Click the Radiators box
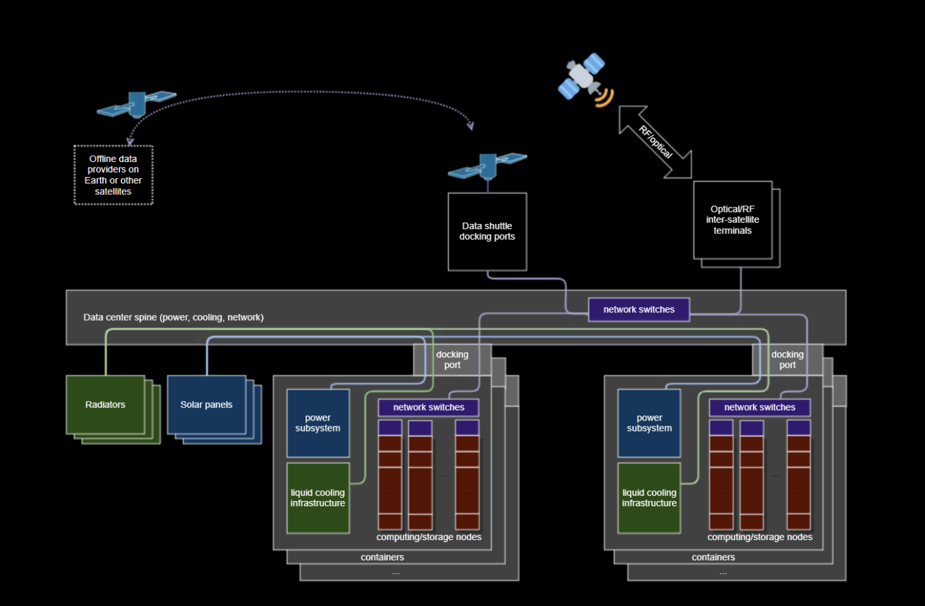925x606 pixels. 105,405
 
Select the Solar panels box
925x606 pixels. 206,405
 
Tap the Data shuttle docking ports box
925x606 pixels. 487,232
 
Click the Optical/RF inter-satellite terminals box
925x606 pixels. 733,220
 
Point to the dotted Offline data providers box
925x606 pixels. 113,175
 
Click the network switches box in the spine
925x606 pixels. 638,309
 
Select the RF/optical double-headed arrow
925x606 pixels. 655,142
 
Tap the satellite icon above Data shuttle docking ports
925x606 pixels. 487,166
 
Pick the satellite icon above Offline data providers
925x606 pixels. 137,104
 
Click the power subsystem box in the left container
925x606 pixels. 318,423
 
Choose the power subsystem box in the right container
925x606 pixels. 649,423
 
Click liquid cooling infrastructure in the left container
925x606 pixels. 318,498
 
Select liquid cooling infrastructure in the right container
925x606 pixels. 649,498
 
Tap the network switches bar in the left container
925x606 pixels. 428,407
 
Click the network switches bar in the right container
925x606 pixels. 759,407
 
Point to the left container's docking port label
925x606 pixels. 452,360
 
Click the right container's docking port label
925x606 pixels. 787,360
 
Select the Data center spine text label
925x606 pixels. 173,318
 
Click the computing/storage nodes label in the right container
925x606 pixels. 760,537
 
